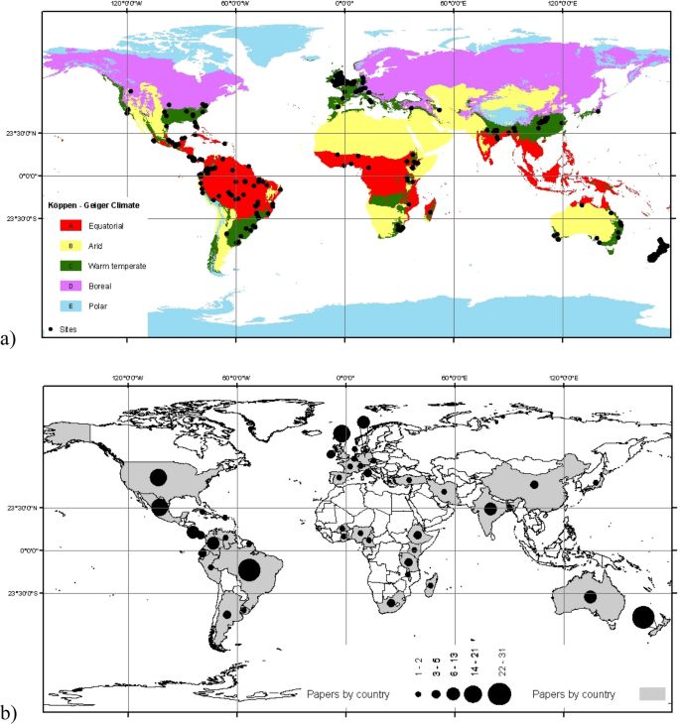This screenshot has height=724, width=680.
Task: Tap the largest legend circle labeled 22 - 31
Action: pyautogui.click(x=499, y=693)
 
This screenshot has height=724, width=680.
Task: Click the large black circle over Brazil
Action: pyautogui.click(x=249, y=569)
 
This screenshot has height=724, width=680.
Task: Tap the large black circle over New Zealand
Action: pyautogui.click(x=643, y=618)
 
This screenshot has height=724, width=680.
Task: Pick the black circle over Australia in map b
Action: pyautogui.click(x=590, y=597)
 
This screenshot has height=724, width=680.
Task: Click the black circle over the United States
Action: pyautogui.click(x=158, y=477)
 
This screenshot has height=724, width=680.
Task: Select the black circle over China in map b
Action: pyautogui.click(x=534, y=485)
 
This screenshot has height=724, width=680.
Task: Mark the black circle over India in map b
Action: pyautogui.click(x=489, y=509)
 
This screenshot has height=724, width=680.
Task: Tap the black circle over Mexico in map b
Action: pyautogui.click(x=161, y=507)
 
